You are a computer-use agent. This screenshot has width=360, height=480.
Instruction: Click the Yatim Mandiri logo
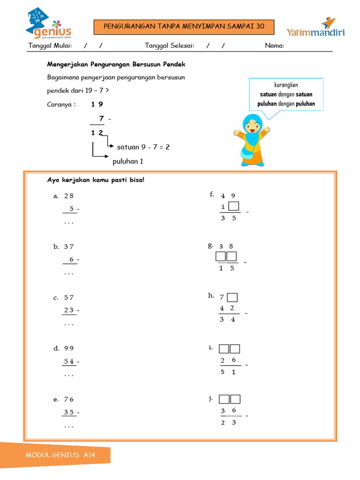coord(315,29)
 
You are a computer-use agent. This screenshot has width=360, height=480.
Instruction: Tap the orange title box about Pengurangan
coord(183,27)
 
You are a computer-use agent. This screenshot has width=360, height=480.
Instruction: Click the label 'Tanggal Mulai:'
coord(50,45)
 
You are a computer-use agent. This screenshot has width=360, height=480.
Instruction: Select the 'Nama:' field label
coord(275,45)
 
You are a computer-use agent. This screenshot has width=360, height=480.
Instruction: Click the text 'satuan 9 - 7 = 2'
coord(143,147)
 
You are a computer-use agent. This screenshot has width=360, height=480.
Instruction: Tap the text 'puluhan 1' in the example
coord(127,161)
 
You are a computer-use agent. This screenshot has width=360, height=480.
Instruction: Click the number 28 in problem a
coord(69,196)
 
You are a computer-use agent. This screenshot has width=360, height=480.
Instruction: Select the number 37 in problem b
coord(69,247)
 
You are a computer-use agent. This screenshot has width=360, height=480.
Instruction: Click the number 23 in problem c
coord(69,310)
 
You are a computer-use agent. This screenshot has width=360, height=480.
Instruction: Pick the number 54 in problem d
coord(69,361)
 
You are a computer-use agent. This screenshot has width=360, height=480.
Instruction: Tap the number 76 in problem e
coord(69,399)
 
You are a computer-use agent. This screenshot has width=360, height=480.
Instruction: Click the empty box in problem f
coord(234,206)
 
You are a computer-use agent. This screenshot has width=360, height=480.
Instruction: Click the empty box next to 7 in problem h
coord(232,297)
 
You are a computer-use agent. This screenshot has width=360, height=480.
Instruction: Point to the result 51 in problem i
coord(227,372)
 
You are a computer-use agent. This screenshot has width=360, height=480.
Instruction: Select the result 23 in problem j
coord(228,422)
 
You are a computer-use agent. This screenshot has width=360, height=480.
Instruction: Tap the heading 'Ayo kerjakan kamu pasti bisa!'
coord(96,180)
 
